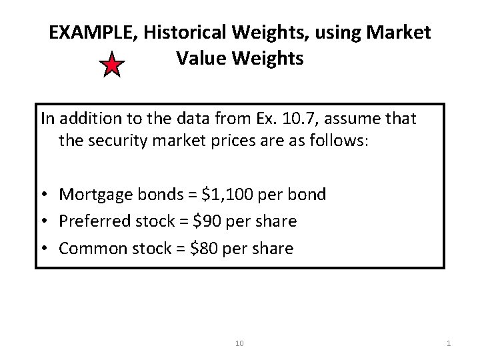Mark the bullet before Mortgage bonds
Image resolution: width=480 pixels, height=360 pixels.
click(45, 195)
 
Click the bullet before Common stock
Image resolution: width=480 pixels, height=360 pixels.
click(45, 248)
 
